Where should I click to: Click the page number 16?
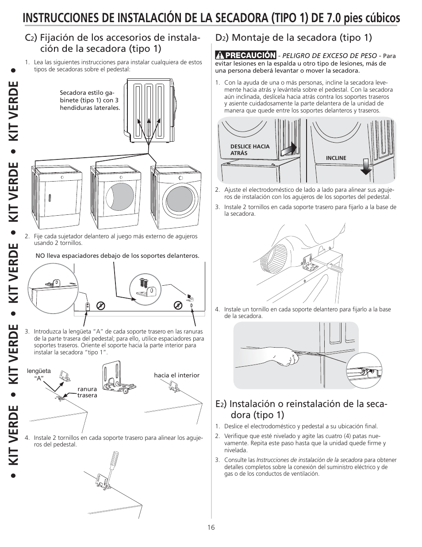point(211,527)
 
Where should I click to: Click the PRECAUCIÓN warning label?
point(246,55)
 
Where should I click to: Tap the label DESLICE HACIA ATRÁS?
point(250,150)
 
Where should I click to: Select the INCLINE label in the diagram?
point(336,158)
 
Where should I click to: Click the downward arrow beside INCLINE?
point(365,167)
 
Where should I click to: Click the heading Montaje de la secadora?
point(294,38)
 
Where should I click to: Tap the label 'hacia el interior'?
point(176,375)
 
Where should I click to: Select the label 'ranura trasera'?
point(87,392)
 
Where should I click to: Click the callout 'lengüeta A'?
point(39,374)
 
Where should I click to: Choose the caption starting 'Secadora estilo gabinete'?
point(90,101)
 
